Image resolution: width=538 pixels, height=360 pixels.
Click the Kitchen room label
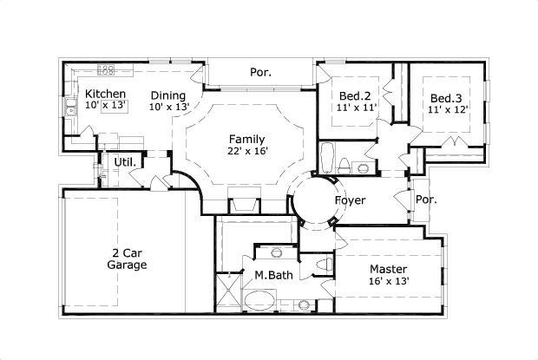106,94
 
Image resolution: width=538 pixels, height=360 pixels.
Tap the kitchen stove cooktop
107,69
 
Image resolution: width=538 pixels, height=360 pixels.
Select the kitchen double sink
70,108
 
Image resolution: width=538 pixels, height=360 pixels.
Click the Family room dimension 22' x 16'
246,151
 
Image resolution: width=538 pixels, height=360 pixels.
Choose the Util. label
124,161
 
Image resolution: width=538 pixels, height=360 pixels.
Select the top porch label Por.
260,72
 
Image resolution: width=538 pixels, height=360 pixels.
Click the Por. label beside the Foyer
426,199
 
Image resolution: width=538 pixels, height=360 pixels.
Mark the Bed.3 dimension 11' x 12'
448,109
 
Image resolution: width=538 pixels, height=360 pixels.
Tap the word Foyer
350,200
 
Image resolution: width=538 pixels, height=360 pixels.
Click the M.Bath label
272,275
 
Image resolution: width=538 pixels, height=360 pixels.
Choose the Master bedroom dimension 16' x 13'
389,281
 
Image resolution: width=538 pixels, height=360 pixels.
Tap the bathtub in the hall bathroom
326,158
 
